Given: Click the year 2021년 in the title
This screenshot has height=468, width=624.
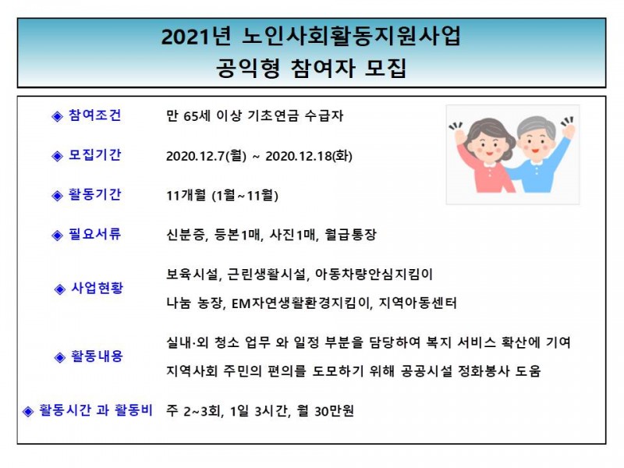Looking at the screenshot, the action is click(196, 37).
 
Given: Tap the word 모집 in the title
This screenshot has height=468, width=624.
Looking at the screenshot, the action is click(385, 68).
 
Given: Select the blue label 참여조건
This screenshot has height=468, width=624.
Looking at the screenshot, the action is click(94, 115).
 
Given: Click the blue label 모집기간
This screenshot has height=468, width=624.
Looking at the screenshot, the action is click(94, 154).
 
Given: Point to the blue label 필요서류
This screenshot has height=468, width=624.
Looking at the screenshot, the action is click(94, 233).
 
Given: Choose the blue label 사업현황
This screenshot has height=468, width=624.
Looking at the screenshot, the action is click(97, 288).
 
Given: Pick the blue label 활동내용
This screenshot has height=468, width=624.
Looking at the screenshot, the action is click(97, 356).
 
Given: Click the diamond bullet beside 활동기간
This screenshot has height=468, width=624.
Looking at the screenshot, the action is click(57, 196).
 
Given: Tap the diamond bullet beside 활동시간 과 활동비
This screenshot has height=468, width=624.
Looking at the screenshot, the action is click(28, 411).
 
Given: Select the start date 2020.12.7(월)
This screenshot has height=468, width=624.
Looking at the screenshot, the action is click(206, 155).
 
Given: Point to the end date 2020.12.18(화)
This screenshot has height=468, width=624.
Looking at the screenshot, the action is click(309, 155).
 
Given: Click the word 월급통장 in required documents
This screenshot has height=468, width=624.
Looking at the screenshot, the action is click(350, 235).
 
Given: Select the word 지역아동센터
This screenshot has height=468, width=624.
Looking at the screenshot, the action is click(417, 303).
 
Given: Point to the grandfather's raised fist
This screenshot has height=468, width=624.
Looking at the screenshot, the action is click(569, 130).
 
